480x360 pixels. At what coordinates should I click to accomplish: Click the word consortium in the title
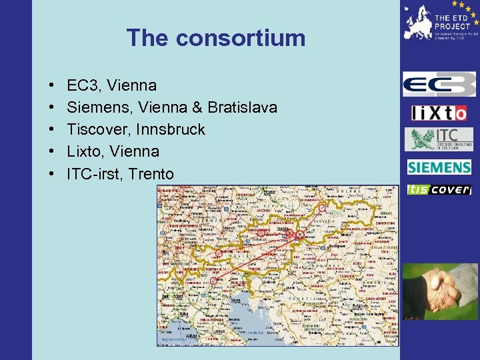pos(240,38)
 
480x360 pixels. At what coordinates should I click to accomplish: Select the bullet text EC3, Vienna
pos(111,85)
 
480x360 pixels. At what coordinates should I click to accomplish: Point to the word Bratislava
pos(243,107)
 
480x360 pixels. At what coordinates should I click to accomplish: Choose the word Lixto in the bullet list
pos(85,151)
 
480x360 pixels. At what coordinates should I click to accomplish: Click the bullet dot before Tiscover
pos(51,130)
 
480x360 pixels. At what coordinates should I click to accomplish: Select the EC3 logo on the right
pos(439,85)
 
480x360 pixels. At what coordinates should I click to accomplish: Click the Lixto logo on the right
pos(439,113)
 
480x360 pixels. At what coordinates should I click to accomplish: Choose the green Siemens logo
pos(439,167)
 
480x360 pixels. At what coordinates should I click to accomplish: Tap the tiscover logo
pos(439,190)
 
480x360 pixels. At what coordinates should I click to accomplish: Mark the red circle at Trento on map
pos(213,281)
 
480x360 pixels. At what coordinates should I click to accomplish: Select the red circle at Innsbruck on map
pos(219,253)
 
